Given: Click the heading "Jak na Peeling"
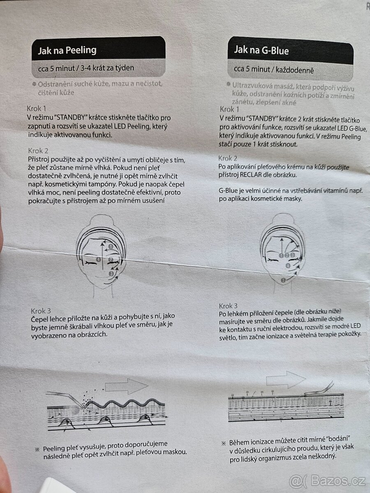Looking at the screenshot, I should coord(67,50).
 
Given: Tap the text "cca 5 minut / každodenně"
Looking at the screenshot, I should coord(274,70).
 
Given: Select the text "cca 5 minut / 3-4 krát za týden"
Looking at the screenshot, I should coord(86,68).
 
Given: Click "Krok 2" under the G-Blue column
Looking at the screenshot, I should coord(228,158).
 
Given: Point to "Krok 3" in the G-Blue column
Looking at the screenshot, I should coord(228,306).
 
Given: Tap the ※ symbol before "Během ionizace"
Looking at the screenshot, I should coord(224,443).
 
